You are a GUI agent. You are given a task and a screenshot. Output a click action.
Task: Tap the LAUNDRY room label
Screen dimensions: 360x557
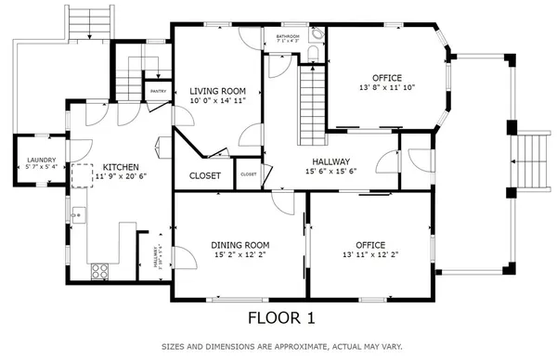[x=42, y=160]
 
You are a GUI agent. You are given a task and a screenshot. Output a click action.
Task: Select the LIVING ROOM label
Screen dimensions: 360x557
[x=218, y=91]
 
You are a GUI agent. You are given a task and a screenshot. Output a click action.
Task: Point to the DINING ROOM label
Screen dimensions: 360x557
[x=240, y=245]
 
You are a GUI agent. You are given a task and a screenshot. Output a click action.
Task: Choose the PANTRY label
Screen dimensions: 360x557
[x=158, y=92]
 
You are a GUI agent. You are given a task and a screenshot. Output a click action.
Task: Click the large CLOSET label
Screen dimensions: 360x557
[x=204, y=174]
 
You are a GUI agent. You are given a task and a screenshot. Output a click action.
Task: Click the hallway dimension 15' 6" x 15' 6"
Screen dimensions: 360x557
[x=330, y=171]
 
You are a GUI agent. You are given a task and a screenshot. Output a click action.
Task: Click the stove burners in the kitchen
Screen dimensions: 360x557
[x=99, y=272]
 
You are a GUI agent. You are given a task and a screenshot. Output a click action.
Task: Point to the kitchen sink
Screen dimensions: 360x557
[x=78, y=215]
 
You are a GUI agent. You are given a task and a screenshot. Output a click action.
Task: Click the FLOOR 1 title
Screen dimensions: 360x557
[x=280, y=318]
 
